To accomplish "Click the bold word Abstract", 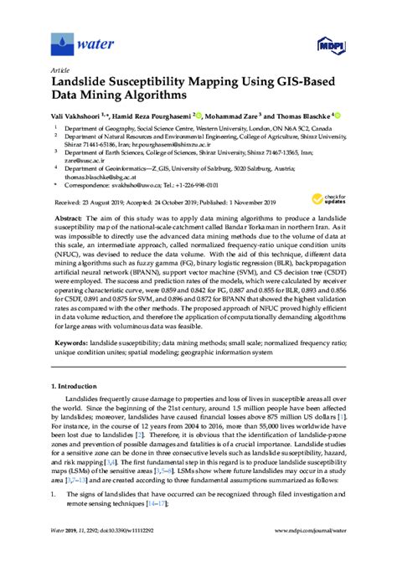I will point(77,217).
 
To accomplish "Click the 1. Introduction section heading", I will point(76,386).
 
